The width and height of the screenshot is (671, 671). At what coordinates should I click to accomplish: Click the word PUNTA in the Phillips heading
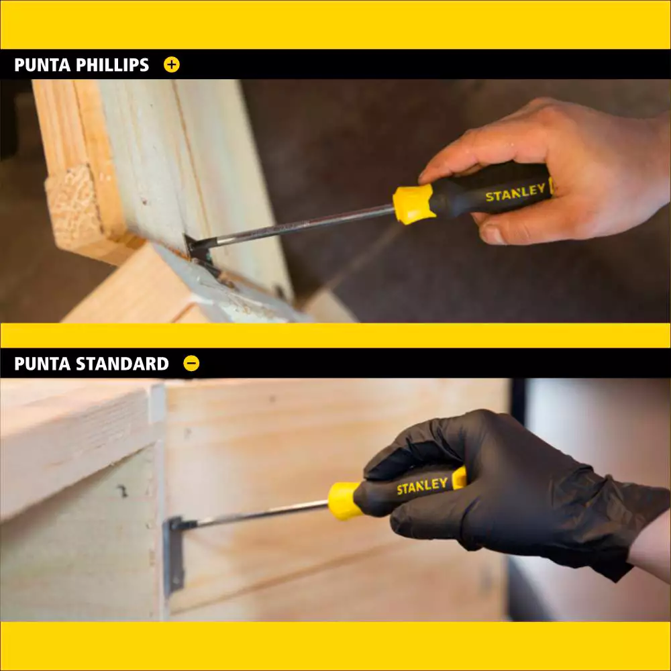[42, 65]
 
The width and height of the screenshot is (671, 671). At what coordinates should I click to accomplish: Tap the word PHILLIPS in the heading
[112, 65]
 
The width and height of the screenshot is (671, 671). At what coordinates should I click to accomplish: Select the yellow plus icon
[172, 64]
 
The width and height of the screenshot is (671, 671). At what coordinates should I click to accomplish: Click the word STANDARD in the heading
[122, 364]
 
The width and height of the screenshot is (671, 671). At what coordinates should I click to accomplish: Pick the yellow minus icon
[191, 363]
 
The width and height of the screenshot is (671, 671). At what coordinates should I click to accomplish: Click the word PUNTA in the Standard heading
[42, 364]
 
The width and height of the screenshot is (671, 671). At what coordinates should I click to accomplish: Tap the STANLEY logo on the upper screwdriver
[515, 193]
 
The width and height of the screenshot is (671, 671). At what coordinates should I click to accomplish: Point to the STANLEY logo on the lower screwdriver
[422, 486]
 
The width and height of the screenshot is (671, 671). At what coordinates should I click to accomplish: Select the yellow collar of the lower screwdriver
[343, 501]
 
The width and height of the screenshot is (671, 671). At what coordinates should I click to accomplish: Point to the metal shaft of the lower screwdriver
[262, 513]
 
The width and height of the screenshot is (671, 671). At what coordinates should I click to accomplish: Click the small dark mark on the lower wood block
[123, 491]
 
